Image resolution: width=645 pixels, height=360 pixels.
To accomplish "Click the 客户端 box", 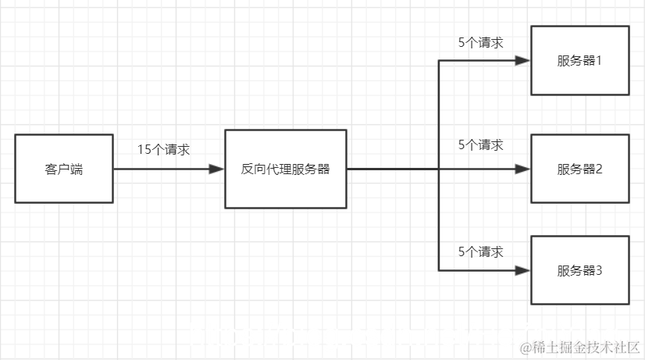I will [x=64, y=169].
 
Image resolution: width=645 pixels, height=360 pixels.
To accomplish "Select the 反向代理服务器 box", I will [x=285, y=169].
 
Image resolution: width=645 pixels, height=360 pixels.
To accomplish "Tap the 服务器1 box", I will [x=579, y=60].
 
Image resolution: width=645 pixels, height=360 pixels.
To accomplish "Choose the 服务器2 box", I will [x=579, y=169].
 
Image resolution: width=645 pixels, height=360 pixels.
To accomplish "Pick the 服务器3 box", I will [x=579, y=270].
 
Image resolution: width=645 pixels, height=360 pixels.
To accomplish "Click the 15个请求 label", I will [x=163, y=149].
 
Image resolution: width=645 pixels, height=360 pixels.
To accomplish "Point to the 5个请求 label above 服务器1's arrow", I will [x=480, y=43].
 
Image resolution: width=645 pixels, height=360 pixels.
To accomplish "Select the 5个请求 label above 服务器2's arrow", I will [x=480, y=145].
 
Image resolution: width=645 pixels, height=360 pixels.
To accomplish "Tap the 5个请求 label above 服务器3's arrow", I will [x=480, y=252].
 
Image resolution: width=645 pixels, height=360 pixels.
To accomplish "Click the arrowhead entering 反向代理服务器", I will [x=218, y=169].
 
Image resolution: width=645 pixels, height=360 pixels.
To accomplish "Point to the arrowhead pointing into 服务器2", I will [x=524, y=169].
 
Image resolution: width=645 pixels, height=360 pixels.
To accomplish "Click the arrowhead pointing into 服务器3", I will [x=524, y=270].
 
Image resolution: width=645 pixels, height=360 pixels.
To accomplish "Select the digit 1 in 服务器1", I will [x=599, y=61].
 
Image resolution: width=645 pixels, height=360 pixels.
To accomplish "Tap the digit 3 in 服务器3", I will [x=599, y=271].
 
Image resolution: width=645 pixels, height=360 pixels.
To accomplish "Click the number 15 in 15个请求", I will [x=144, y=149].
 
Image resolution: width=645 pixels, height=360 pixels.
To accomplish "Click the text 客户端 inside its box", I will [x=64, y=169].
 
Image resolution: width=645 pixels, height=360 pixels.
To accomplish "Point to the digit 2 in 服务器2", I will [x=599, y=169].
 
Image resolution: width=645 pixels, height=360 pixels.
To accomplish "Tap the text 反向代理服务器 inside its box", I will [x=285, y=169].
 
